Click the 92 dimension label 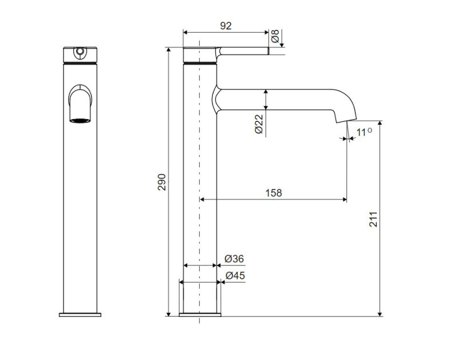pyautogui.click(x=226, y=26)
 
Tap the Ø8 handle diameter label pyautogui.click(x=275, y=36)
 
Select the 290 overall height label pyautogui.click(x=161, y=182)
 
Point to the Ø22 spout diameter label pyautogui.click(x=259, y=124)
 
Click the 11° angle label pyautogui.click(x=364, y=132)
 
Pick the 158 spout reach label pyautogui.click(x=274, y=193)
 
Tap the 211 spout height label pyautogui.click(x=373, y=219)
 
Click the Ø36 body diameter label pyautogui.click(x=234, y=259)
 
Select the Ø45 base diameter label pyautogui.click(x=235, y=275)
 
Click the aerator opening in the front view pyautogui.click(x=80, y=120)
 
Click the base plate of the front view pyautogui.click(x=80, y=315)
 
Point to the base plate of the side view pyautogui.click(x=200, y=314)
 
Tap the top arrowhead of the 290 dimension pyautogui.click(x=168, y=50)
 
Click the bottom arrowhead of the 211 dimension pyautogui.click(x=380, y=313)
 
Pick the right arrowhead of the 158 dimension pyautogui.click(x=344, y=200)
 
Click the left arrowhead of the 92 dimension pyautogui.click(x=185, y=32)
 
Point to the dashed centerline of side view pyautogui.click(x=199, y=181)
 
